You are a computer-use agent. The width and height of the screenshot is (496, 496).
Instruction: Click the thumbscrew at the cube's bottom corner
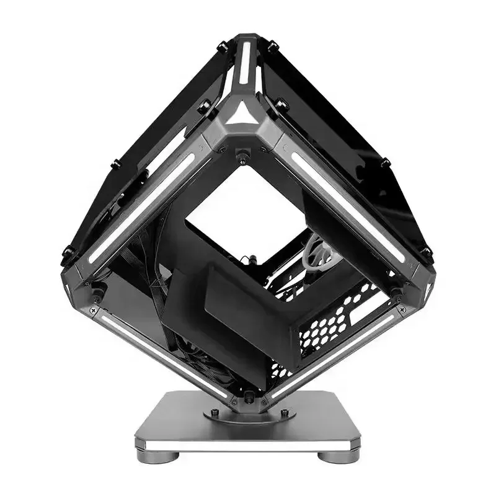click(x=247, y=396)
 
